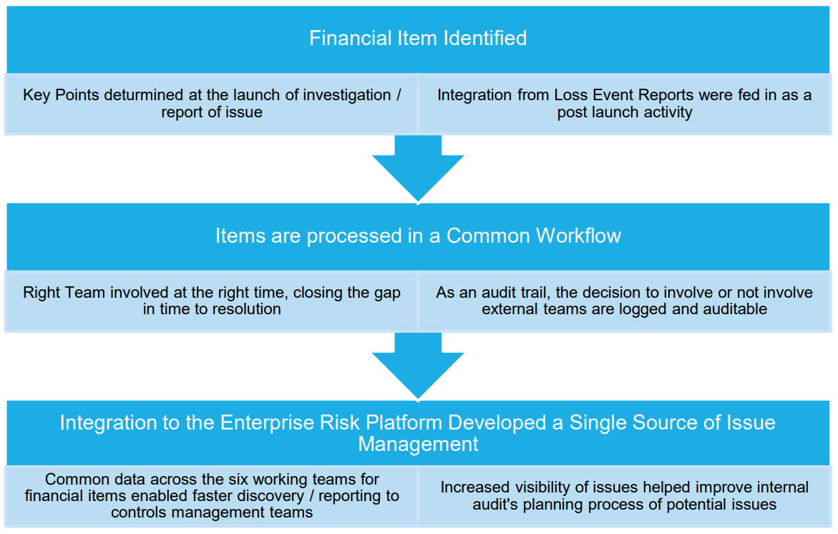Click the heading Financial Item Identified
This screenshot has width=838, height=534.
[418, 38]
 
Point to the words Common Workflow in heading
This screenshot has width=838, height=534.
[534, 236]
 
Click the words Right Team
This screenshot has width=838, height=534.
[57, 293]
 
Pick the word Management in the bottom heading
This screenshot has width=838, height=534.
[418, 444]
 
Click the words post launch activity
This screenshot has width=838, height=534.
[625, 112]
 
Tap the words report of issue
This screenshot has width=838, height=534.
[212, 112]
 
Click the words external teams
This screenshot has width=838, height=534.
[522, 309]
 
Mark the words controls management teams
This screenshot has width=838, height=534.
[212, 512]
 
